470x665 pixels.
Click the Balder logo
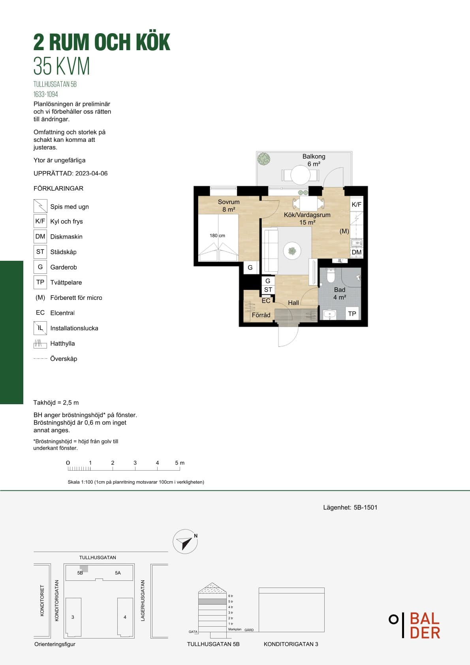coord(415,625)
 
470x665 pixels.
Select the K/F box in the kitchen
coord(356,204)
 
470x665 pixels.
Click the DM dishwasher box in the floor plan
coord(356,252)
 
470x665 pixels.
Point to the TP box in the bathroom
coord(352,313)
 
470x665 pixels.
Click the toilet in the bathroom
coord(331,275)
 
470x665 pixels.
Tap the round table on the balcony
coord(300,175)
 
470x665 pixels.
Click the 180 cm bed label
coord(217,235)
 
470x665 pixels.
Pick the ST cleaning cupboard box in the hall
coord(268,290)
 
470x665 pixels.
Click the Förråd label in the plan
coord(261,315)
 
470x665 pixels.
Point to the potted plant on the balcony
coord(263,158)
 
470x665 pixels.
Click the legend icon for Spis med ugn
coord(40,206)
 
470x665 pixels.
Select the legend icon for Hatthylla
coord(40,344)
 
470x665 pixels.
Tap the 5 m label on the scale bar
coord(180,463)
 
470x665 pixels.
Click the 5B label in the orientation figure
coord(80,573)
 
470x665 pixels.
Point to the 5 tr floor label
coord(231,601)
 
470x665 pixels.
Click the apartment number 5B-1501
coord(365,507)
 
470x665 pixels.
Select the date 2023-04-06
coord(91,173)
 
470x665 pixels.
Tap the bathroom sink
coord(329,315)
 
